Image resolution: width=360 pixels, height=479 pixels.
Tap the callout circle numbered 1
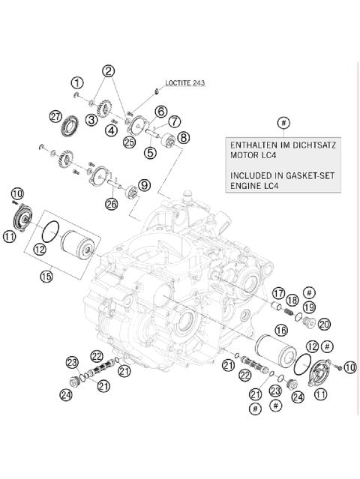coord(77,82)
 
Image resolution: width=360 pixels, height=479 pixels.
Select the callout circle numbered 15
coord(46,276)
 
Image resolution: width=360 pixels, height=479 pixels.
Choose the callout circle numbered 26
coord(112,202)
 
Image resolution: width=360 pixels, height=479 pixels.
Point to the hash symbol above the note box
coord(283,122)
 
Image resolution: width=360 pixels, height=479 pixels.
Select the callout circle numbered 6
coord(160,111)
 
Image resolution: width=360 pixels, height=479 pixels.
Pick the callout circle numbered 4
coord(111,130)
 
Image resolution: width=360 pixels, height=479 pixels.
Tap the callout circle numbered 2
coord(109,72)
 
